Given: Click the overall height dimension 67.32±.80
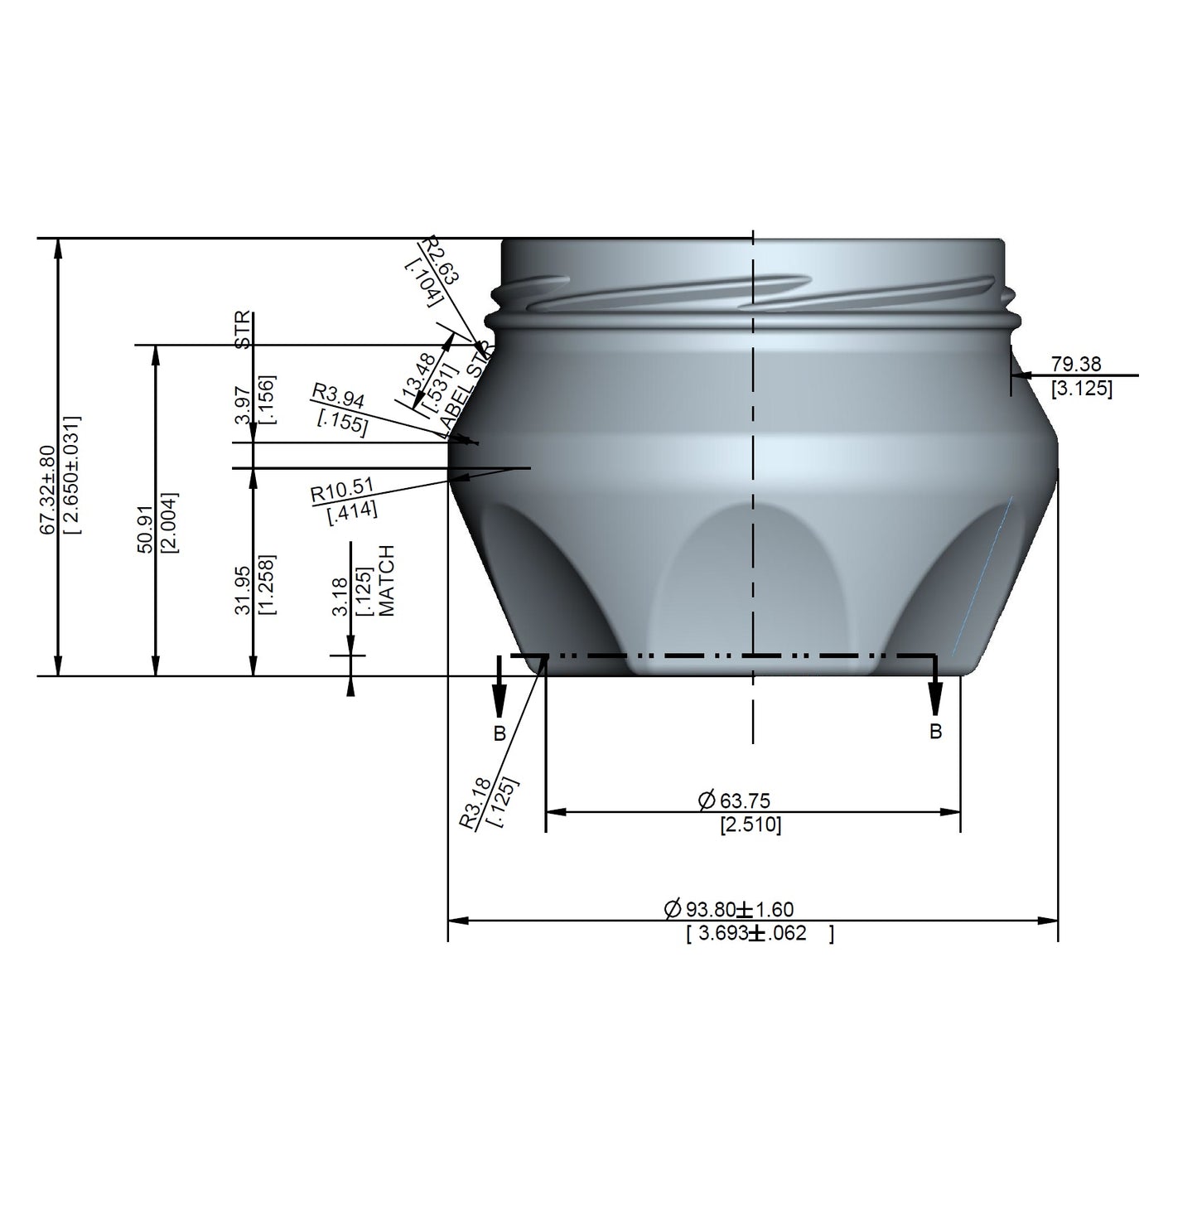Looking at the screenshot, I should (x=48, y=489).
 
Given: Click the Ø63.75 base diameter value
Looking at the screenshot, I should (x=734, y=800).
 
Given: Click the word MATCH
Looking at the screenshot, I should (x=387, y=580).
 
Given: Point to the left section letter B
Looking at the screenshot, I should (x=499, y=733).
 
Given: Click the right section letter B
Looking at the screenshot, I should (x=935, y=732).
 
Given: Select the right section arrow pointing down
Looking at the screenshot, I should (x=935, y=696).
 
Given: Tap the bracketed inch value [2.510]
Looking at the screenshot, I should (x=750, y=825).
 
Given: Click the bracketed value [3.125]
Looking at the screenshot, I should (x=1081, y=388).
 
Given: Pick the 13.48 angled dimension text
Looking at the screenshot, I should (x=418, y=375).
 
